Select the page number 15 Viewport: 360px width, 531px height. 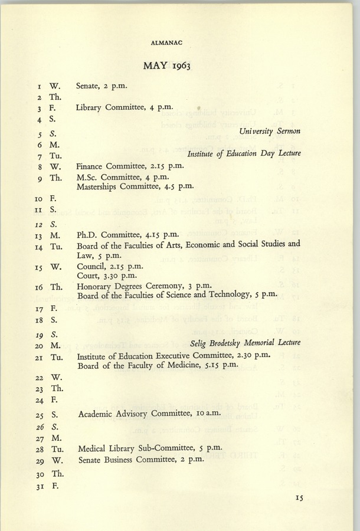(x=299, y=499)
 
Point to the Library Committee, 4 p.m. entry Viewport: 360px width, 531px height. (x=125, y=107)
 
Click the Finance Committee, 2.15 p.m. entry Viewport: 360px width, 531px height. (x=130, y=166)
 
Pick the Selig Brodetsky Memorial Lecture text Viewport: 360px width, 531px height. (x=246, y=343)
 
